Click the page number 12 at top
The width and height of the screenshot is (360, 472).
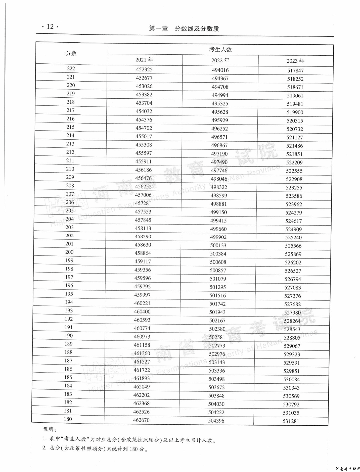[x=50, y=27]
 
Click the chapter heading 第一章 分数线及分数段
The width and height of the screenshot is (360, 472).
[x=184, y=29]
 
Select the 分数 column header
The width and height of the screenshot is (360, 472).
[x=71, y=53]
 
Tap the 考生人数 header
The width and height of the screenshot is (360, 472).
[x=220, y=49]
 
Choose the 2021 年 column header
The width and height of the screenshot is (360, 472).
[x=144, y=60]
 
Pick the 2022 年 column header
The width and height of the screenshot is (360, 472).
[x=220, y=60]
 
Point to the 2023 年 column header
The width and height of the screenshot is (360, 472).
[x=295, y=61]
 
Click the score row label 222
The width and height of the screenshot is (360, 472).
[x=71, y=68]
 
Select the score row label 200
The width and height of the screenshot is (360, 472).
[x=69, y=252]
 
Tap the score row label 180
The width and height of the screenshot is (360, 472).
[x=68, y=419]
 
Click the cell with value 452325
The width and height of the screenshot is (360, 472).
[x=144, y=69]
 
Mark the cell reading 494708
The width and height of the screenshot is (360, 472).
[x=220, y=87]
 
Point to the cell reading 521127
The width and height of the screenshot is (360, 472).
[x=295, y=137]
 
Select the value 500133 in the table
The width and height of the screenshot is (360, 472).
[x=218, y=245]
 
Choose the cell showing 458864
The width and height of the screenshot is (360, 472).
[x=143, y=253]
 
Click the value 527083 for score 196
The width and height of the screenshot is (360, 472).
[x=293, y=288]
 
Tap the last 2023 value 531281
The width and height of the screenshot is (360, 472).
[x=291, y=421]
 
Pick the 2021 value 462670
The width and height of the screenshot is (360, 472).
[x=141, y=420]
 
